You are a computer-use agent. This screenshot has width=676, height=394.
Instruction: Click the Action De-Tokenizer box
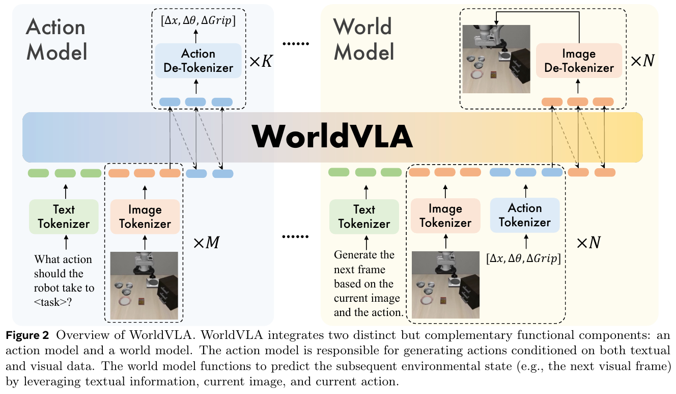(x=199, y=60)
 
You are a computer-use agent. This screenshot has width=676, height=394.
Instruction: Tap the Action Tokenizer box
(x=525, y=215)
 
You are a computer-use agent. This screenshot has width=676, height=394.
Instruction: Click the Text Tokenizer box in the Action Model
(x=64, y=217)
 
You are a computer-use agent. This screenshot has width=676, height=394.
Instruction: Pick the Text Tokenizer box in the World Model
(x=364, y=217)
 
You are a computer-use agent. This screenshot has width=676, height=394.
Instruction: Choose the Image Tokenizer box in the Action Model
(x=145, y=217)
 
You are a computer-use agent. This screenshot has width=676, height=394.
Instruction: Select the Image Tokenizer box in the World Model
(x=445, y=217)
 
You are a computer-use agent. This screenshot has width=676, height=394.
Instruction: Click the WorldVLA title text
(x=332, y=137)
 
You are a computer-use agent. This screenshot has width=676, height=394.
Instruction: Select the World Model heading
(x=363, y=39)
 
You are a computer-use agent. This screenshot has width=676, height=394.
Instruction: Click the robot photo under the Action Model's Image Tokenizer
(x=145, y=285)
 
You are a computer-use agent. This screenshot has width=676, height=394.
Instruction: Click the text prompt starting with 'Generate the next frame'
(x=367, y=283)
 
